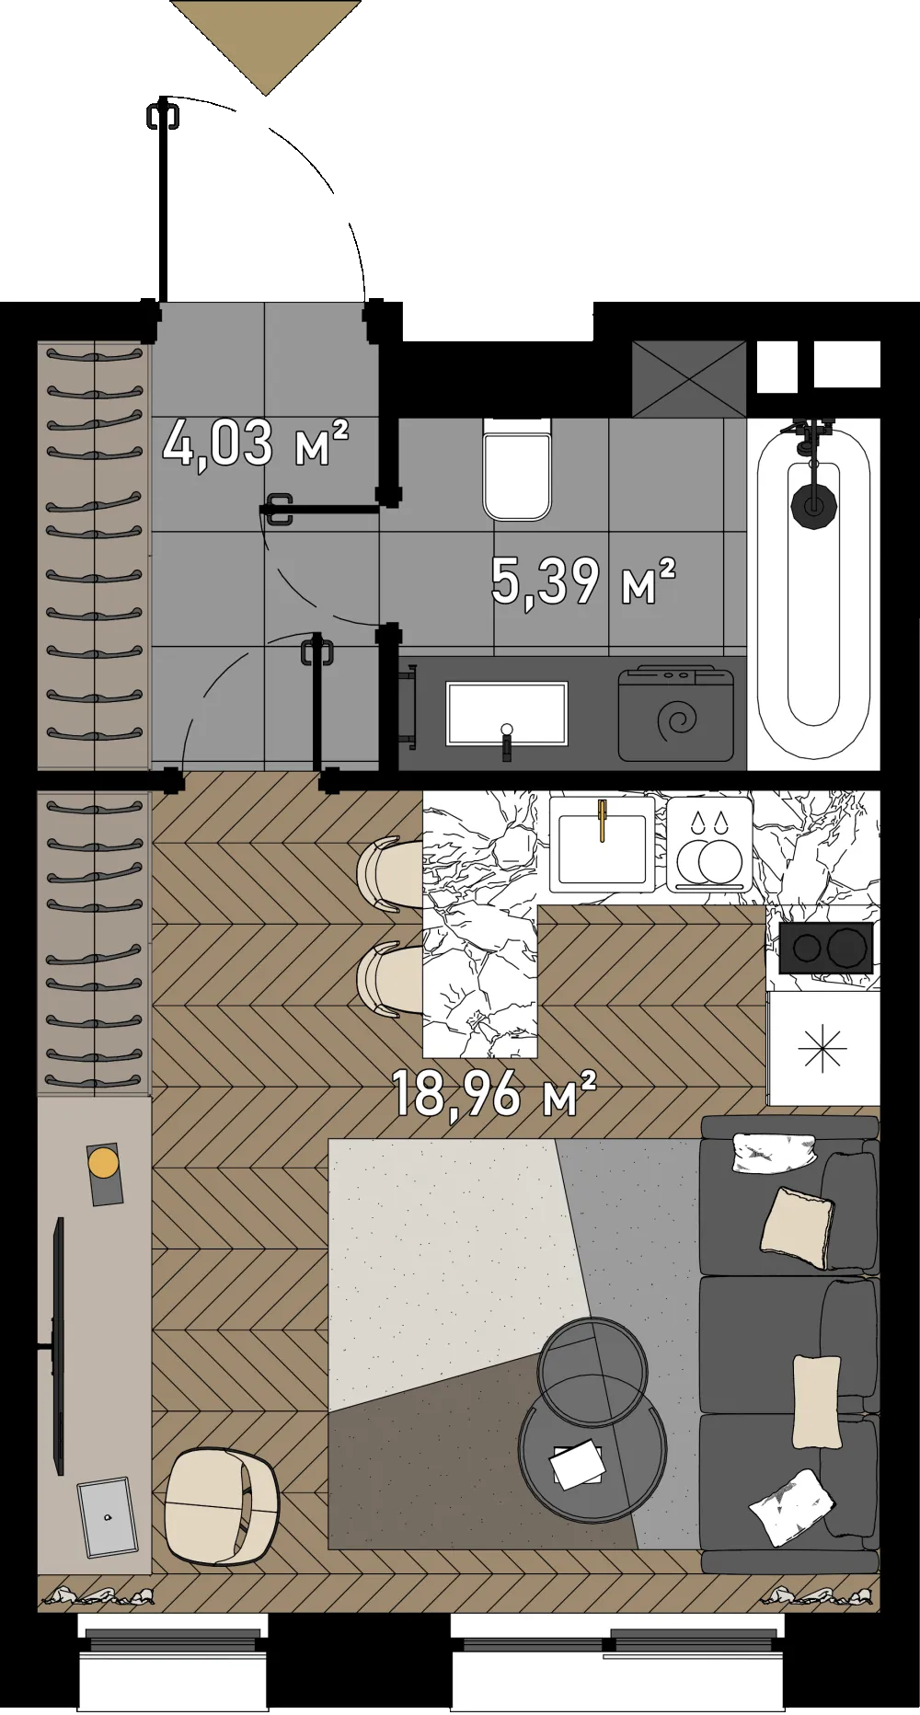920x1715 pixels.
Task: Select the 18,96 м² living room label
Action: point(494,1092)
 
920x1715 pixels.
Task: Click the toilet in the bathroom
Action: point(518,468)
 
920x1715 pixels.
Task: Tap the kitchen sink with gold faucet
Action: point(602,845)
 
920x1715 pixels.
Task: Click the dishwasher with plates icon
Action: point(709,845)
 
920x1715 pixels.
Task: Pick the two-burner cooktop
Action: point(826,947)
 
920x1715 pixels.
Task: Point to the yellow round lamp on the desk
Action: point(103,1162)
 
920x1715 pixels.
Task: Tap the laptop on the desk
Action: point(107,1516)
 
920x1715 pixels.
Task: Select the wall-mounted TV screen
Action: point(60,1346)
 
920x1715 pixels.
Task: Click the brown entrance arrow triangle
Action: point(266,46)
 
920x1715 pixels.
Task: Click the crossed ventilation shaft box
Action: point(689,379)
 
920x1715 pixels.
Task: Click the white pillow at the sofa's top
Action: point(775,1152)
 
